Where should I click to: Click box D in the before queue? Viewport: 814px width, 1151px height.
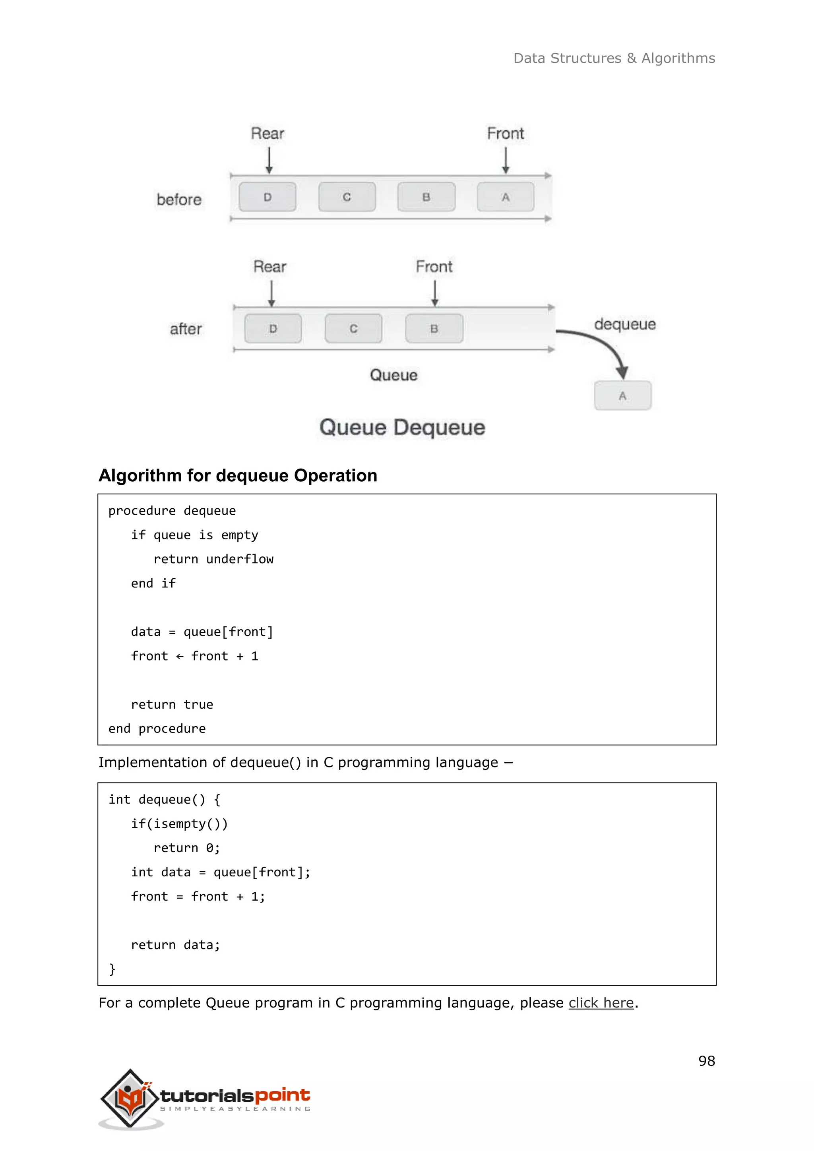[x=267, y=197]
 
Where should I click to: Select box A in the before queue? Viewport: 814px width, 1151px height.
[x=505, y=197]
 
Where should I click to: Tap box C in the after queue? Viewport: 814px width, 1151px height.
[x=353, y=329]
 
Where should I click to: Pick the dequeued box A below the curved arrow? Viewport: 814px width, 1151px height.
[x=622, y=395]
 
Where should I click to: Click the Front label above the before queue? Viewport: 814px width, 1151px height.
[x=505, y=134]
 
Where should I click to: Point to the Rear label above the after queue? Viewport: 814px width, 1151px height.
[x=269, y=267]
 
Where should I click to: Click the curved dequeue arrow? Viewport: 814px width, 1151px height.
[x=601, y=346]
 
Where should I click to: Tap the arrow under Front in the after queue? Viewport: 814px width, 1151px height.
[x=434, y=293]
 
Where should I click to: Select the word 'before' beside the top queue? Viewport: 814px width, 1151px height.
[x=179, y=200]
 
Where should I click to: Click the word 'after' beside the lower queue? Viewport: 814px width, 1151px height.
[x=186, y=329]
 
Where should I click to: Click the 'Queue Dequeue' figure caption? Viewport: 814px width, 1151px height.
[x=402, y=428]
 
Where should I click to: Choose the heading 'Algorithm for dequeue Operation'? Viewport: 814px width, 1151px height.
[x=238, y=475]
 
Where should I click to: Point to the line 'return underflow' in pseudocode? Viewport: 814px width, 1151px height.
[x=213, y=559]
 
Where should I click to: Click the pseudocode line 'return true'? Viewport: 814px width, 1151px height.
[x=172, y=704]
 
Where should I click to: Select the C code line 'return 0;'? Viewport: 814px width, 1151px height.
[x=186, y=848]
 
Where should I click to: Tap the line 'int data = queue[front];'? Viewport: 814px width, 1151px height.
[x=221, y=872]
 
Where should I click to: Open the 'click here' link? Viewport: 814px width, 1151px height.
[x=601, y=1003]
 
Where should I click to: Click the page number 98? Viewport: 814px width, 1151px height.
[x=706, y=1061]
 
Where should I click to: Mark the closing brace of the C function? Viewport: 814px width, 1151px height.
[x=112, y=969]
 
